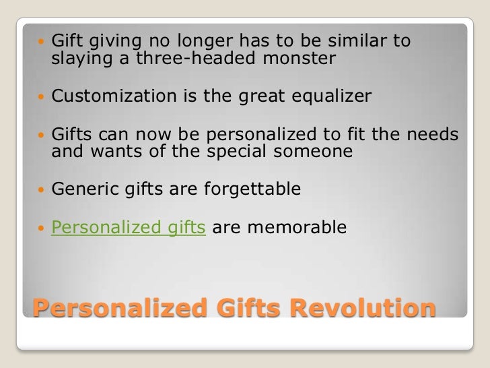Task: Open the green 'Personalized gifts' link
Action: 129,228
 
